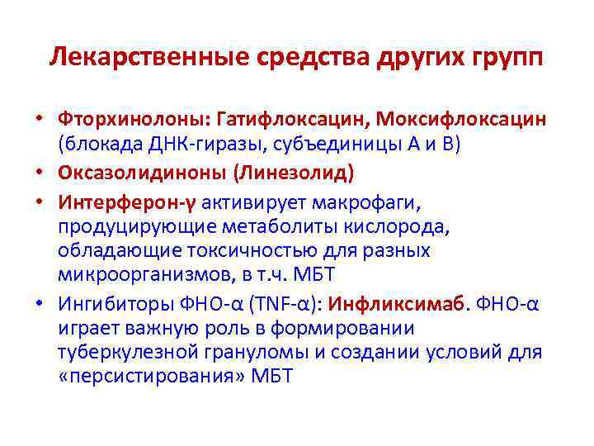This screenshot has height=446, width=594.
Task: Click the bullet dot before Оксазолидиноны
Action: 40,172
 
